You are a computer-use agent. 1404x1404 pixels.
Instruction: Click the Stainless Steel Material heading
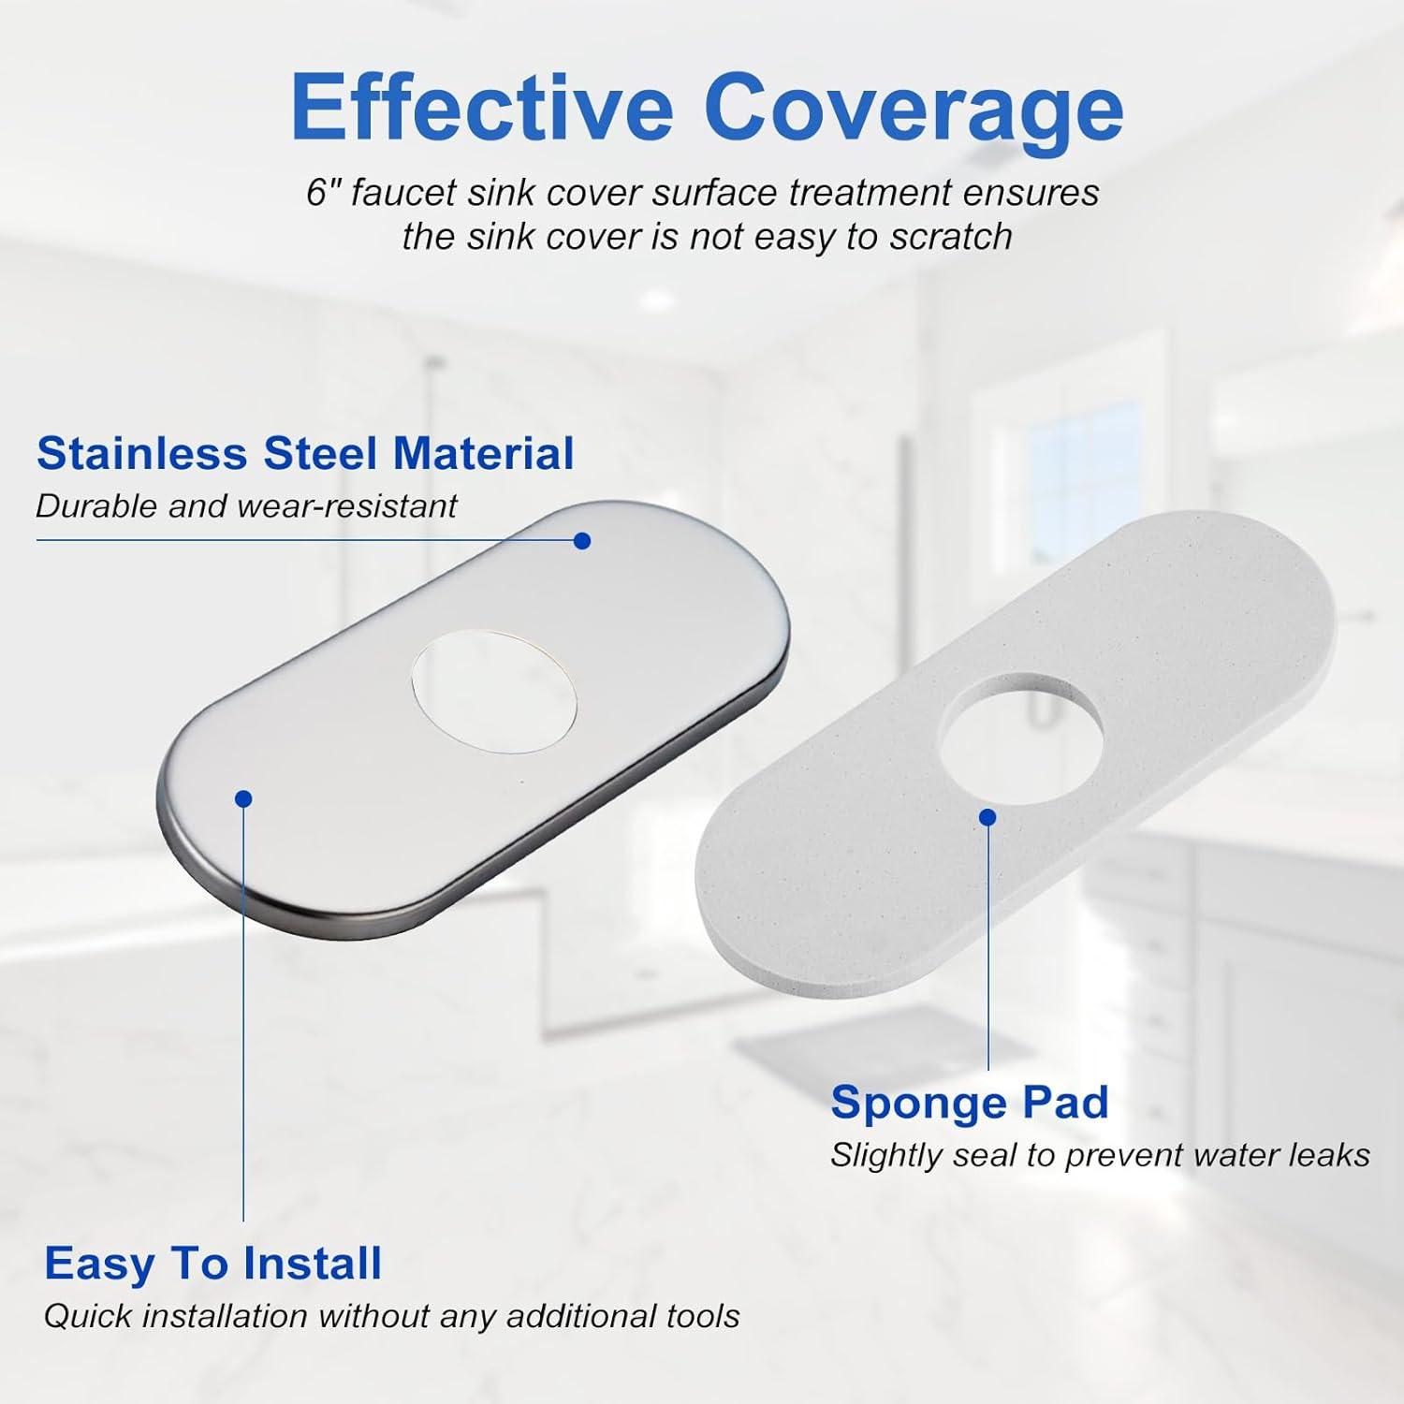305,454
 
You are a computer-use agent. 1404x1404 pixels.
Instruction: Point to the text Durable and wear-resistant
246,506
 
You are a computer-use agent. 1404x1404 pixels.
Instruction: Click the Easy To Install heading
213,1264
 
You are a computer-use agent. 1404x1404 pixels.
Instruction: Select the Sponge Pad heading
970,1102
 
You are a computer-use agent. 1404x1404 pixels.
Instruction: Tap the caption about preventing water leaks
1100,1155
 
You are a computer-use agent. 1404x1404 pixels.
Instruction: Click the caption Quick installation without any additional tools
391,1316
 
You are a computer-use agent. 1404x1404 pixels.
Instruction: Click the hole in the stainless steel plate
494,694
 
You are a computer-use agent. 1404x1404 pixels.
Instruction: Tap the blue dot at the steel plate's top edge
582,541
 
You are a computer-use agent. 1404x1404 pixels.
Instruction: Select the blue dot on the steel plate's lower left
243,798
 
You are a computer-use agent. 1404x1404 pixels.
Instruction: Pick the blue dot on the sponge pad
987,817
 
